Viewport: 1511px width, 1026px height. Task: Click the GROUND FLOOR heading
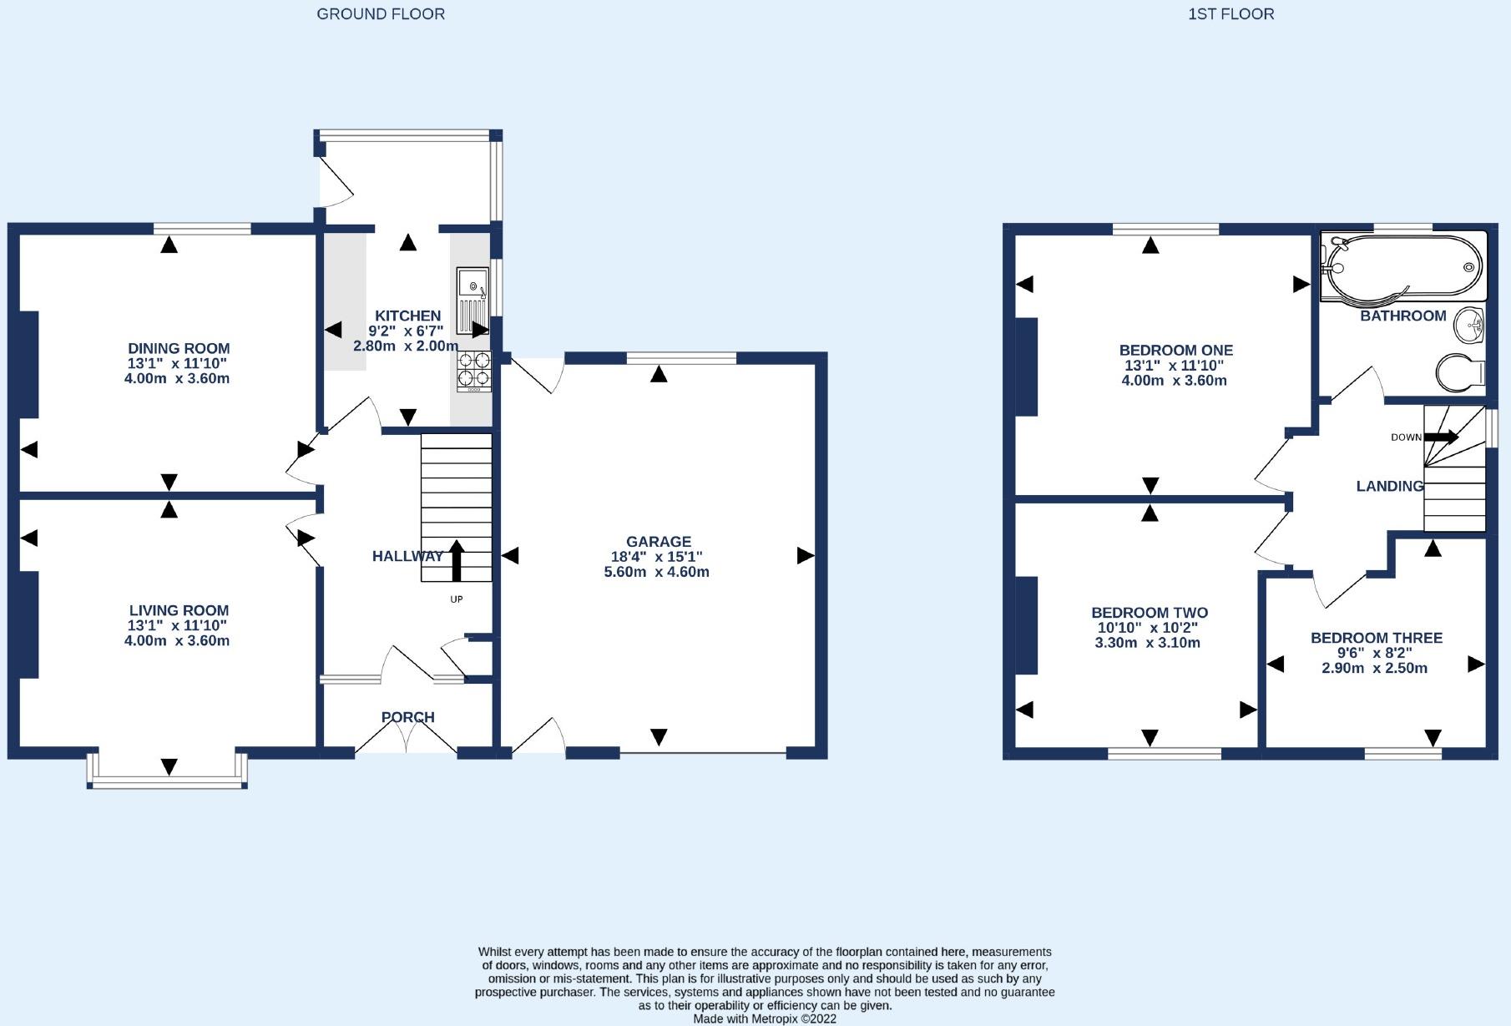tap(381, 14)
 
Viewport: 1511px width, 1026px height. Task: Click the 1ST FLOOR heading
tap(1231, 14)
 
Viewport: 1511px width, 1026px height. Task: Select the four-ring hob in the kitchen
tap(474, 371)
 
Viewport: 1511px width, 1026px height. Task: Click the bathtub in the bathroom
tap(1403, 266)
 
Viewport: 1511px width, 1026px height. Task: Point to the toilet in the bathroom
tap(1461, 371)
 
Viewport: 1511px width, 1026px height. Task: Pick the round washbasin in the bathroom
tap(1469, 325)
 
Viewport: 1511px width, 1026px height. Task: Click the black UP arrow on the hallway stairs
tap(457, 560)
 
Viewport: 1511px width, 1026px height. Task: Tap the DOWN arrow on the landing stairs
tap(1441, 437)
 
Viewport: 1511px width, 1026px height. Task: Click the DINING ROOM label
tap(179, 349)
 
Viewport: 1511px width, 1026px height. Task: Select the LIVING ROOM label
tap(179, 611)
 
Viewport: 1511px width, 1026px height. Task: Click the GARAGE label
tap(659, 542)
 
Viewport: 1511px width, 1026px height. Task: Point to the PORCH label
tap(408, 717)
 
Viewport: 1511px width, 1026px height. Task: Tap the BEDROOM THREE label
tap(1377, 638)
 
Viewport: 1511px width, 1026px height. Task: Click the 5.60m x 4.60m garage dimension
tap(657, 572)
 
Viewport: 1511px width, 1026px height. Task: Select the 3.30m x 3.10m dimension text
tap(1148, 643)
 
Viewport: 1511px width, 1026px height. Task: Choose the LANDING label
tap(1390, 486)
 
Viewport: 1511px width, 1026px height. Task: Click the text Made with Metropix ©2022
tap(765, 1018)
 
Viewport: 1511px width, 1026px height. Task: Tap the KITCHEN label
tap(407, 316)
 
